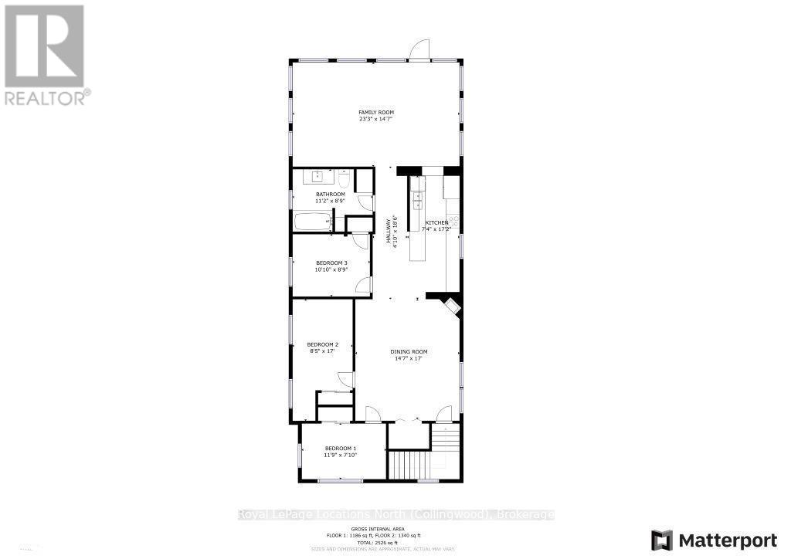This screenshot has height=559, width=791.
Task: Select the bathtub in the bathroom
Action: tap(312, 222)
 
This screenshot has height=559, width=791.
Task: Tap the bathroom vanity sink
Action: tap(317, 176)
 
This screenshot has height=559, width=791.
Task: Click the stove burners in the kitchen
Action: tap(454, 222)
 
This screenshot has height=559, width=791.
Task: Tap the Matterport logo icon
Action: tap(662, 540)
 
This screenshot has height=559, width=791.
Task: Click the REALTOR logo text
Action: tap(46, 98)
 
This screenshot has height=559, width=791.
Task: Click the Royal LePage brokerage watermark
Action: tap(395, 515)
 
